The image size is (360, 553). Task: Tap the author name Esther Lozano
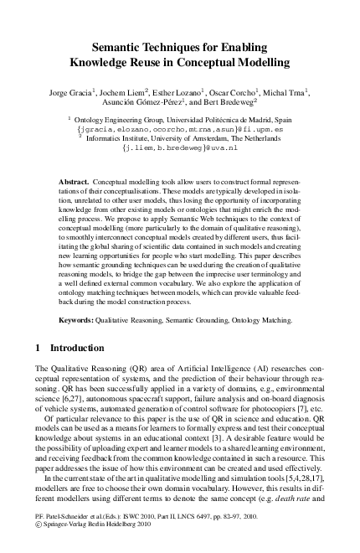point(177,91)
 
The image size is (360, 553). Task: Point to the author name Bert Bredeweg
point(244,103)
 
